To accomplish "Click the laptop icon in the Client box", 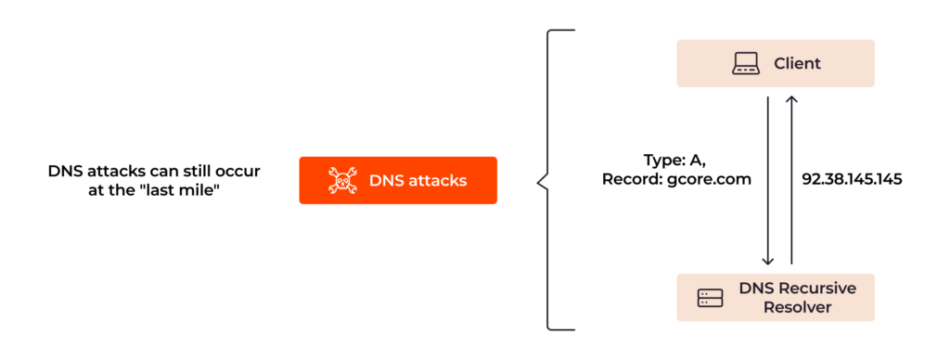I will tap(746, 63).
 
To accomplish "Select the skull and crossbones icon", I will tap(342, 180).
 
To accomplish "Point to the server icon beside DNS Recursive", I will tap(710, 298).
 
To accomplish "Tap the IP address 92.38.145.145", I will tap(852, 179).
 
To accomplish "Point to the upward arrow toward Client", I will tap(790, 176).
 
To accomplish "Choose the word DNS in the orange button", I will tap(385, 180).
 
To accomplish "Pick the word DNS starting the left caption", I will tap(63, 171).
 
